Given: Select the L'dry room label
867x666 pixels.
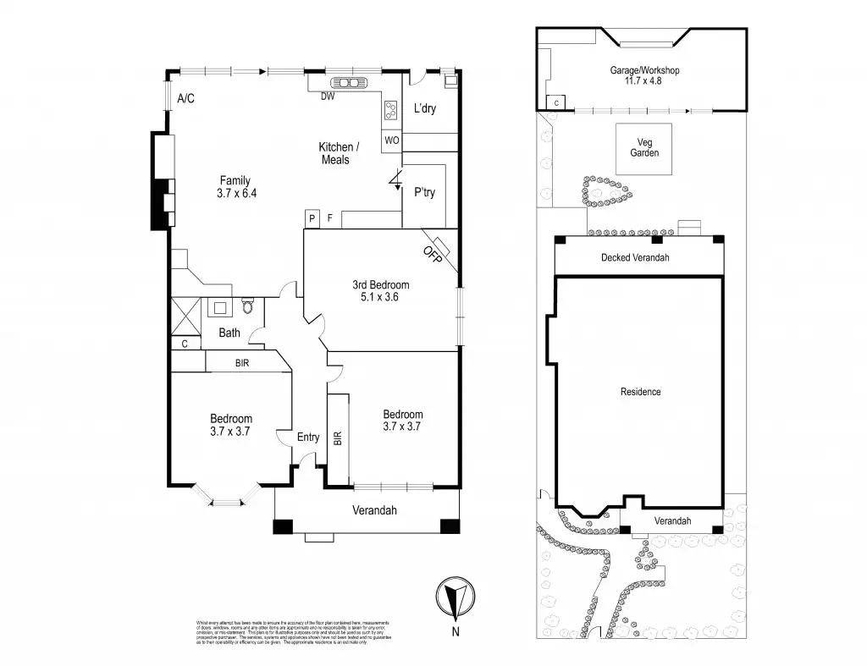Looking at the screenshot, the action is coord(425,109).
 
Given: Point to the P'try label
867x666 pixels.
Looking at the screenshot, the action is coord(424,193).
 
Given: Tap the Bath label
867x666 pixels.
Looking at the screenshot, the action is coord(229,333).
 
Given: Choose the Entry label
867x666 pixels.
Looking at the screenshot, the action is coord(308,437).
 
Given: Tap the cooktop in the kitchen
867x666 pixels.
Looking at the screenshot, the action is coord(393,109).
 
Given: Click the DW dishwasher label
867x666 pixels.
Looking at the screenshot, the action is coord(327,96).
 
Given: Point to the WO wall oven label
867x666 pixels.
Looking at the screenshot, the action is coord(392,140).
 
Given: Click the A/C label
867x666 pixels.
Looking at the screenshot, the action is coord(186,99).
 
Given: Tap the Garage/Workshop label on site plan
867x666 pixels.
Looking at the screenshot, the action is coord(645,70).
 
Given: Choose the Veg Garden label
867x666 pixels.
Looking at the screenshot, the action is coord(644,147).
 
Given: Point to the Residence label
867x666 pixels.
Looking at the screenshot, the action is coord(640,392).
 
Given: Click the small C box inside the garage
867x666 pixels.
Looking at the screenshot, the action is coord(556,102).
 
